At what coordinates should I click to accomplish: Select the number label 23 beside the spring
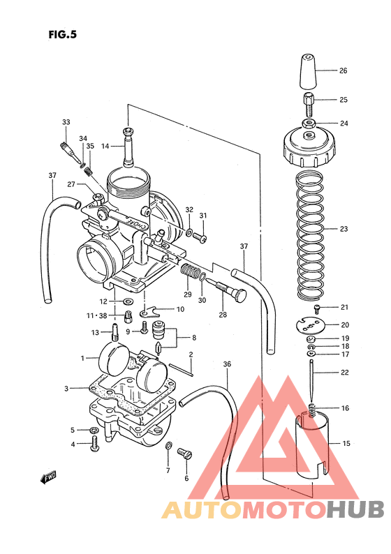tap(344, 229)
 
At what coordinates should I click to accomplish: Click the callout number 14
tap(105, 147)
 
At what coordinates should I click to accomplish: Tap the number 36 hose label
tap(226, 364)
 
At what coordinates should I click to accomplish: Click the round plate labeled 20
tap(312, 324)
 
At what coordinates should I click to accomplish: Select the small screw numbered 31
tap(200, 238)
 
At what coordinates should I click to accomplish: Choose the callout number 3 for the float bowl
tap(66, 388)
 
